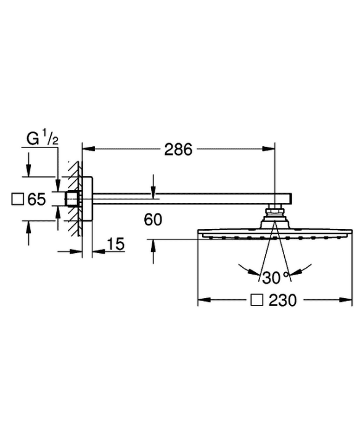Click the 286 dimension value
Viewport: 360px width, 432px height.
[178, 150]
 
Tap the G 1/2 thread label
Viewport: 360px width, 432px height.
[43, 139]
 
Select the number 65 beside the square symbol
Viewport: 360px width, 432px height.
[36, 199]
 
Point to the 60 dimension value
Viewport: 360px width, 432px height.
[153, 220]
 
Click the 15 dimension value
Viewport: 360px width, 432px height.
[116, 244]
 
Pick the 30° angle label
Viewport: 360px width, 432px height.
[275, 278]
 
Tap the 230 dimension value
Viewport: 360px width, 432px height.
[283, 300]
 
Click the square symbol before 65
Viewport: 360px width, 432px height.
[17, 199]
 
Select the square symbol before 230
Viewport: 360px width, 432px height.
[256, 300]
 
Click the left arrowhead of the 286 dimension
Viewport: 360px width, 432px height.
[88, 149]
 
